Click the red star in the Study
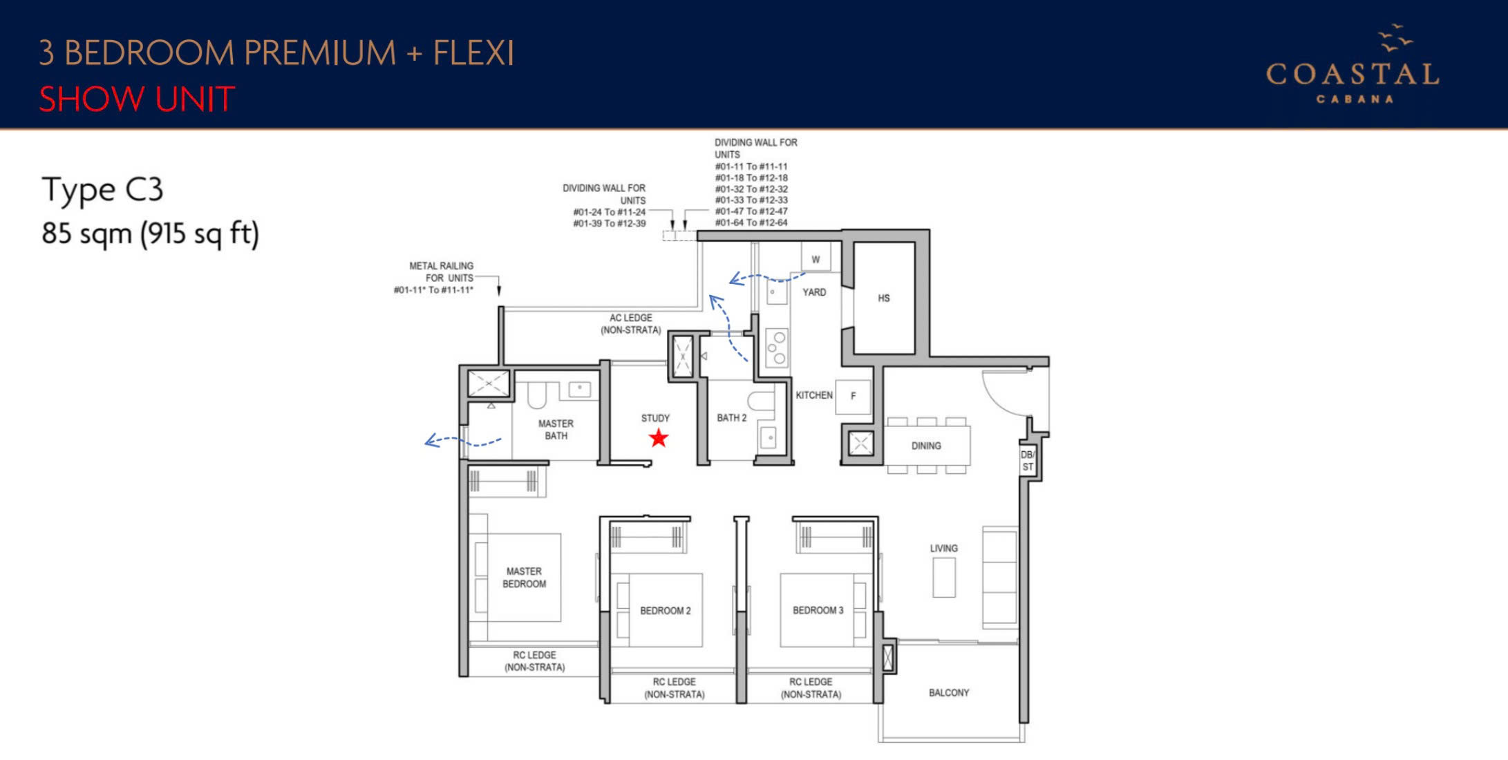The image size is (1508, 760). coord(659,437)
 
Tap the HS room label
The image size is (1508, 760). coord(884,298)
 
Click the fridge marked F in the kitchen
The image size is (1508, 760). coord(853,397)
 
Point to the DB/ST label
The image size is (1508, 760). coord(1028,461)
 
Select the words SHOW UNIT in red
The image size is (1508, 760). coord(137,99)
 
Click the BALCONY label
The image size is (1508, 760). coord(949,692)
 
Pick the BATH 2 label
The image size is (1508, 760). coord(732,418)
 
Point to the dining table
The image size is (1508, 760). coord(927,446)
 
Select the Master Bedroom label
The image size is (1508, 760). coord(525,578)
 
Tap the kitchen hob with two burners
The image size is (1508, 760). coord(777,347)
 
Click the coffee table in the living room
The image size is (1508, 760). coord(944,577)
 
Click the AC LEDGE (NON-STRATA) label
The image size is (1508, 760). coord(630,324)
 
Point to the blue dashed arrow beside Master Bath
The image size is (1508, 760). coord(463,441)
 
